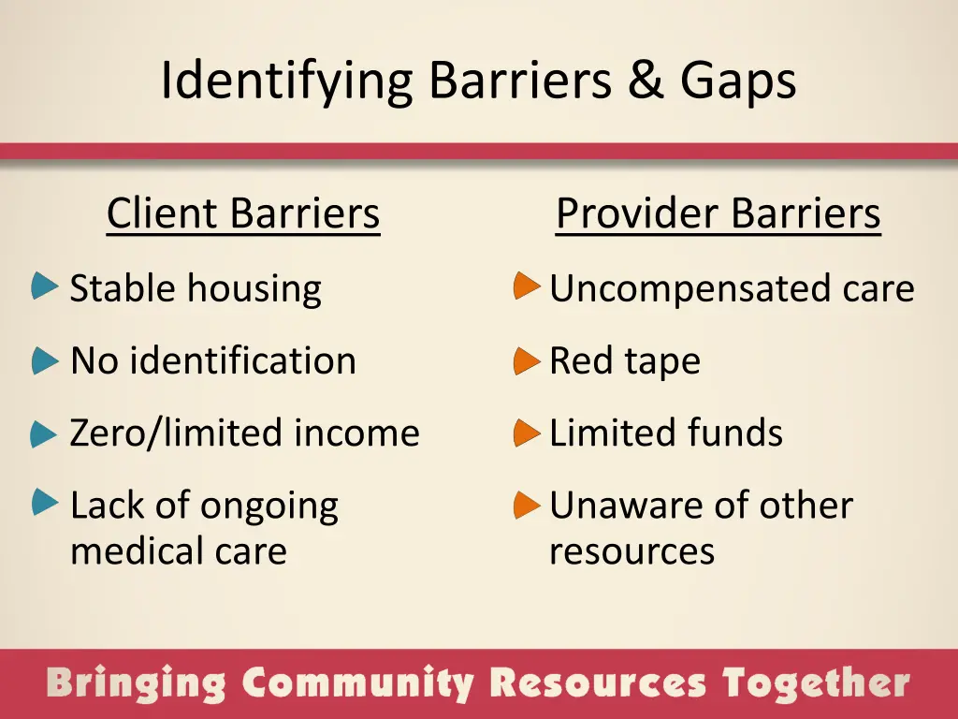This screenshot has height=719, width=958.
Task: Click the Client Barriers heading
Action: (x=243, y=213)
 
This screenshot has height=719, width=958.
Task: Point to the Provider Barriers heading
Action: (x=718, y=213)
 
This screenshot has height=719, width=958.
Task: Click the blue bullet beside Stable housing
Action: (x=44, y=286)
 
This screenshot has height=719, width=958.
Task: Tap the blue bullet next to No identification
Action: (x=44, y=359)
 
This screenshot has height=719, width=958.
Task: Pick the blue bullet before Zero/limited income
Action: (x=44, y=433)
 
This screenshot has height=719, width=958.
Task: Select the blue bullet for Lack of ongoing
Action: (x=44, y=503)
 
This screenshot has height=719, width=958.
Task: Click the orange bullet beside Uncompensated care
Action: (x=527, y=286)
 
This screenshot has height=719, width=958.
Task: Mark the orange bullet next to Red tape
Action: (x=527, y=359)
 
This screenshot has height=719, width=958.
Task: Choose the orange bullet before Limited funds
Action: (x=527, y=433)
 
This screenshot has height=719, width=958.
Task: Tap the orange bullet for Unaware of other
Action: (x=527, y=505)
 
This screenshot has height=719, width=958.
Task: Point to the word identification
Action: (x=242, y=360)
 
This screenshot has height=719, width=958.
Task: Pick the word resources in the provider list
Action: (x=631, y=551)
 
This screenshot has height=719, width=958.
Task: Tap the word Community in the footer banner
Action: (x=359, y=684)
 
